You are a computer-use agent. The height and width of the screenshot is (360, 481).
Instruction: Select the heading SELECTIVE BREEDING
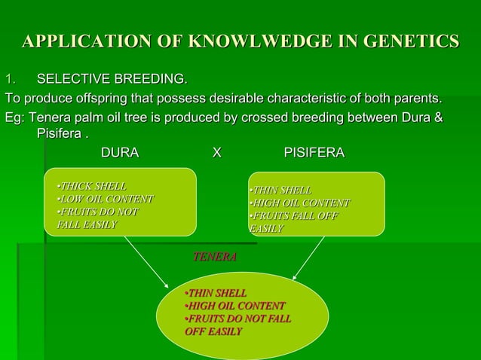(x=112, y=79)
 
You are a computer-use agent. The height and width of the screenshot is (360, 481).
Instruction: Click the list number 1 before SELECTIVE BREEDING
(x=10, y=79)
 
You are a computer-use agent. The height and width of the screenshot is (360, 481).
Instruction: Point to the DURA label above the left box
(x=120, y=153)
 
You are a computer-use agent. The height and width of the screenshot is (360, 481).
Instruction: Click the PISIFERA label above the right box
(x=314, y=153)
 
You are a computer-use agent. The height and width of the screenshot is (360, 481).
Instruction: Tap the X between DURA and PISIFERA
(x=217, y=153)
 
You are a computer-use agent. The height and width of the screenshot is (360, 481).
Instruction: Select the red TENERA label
(x=215, y=257)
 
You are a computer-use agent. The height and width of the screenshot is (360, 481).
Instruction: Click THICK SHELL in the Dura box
(x=91, y=186)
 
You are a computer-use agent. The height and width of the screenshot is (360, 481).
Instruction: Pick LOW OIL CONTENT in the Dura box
(x=105, y=199)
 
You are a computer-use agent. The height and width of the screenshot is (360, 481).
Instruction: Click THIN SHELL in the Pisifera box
(x=280, y=191)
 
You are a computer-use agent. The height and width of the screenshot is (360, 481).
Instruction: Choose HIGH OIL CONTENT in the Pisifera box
(x=299, y=203)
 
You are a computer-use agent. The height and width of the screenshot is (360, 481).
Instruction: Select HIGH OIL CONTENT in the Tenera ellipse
(x=234, y=306)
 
